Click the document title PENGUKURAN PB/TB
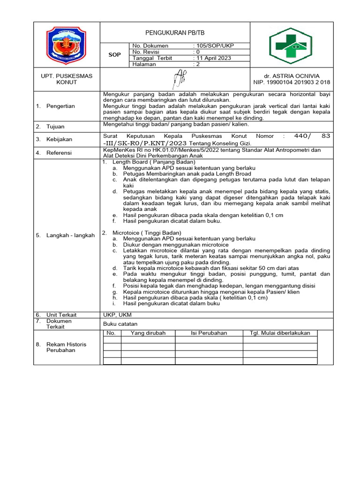point(175,33)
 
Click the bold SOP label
point(115,55)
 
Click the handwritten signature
point(178,79)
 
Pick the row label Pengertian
point(60,106)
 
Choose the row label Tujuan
point(55,127)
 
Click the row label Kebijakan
point(58,139)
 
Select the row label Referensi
point(59,152)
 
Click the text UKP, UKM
point(114,315)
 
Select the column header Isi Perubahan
point(209,333)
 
